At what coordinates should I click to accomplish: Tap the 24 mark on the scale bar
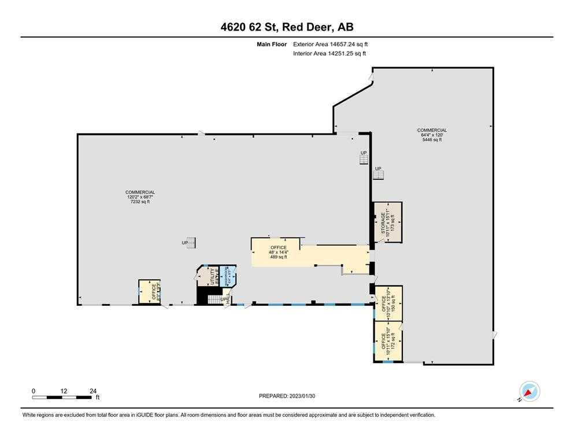click(x=93, y=391)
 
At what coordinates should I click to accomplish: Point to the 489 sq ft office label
click(x=278, y=252)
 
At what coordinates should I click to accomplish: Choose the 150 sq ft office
click(x=387, y=302)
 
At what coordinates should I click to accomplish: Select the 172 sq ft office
click(x=387, y=341)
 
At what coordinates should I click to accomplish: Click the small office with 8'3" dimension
click(x=149, y=291)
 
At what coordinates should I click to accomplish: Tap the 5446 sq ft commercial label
click(x=432, y=135)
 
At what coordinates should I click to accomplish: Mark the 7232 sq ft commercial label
click(x=140, y=197)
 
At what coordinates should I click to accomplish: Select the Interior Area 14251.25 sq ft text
click(x=329, y=54)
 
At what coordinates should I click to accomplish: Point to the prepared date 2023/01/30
click(x=287, y=396)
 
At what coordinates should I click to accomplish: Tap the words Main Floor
click(x=272, y=44)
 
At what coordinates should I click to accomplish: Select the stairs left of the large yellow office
click(x=194, y=243)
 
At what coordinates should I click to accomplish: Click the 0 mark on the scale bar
click(x=34, y=391)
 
